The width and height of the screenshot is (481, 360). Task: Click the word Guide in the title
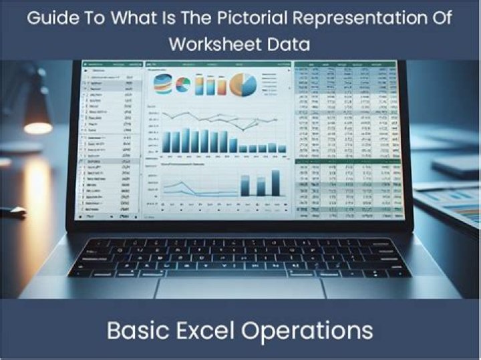point(51,18)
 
